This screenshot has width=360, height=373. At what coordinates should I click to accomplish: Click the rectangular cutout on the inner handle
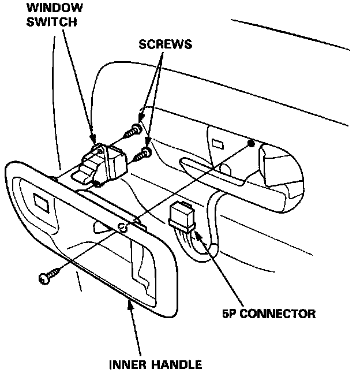click(x=42, y=203)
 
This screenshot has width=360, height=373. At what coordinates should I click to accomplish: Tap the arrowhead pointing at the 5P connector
click(x=197, y=234)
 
